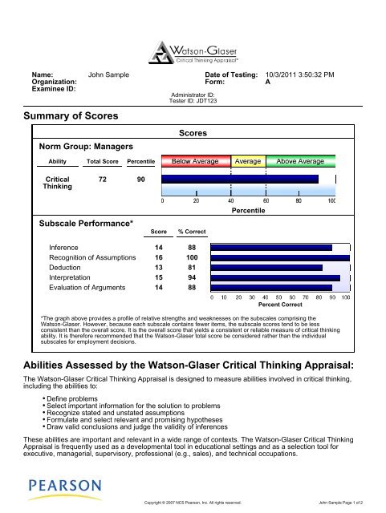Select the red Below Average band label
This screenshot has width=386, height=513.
196,161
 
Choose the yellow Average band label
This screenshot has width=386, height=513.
248,161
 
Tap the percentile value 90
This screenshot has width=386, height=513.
140,180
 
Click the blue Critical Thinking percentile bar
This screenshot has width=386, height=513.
240,180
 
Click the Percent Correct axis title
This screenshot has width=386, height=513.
280,305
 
